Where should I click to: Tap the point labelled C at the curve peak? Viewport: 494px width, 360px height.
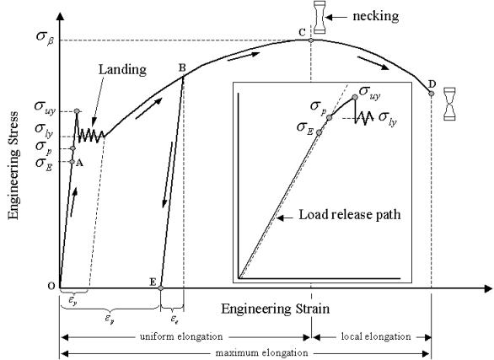pyautogui.click(x=312, y=40)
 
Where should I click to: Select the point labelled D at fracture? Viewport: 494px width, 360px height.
pyautogui.click(x=432, y=93)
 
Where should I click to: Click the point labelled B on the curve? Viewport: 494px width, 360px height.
pyautogui.click(x=184, y=76)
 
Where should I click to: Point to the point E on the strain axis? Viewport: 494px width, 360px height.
pyautogui.click(x=161, y=287)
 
